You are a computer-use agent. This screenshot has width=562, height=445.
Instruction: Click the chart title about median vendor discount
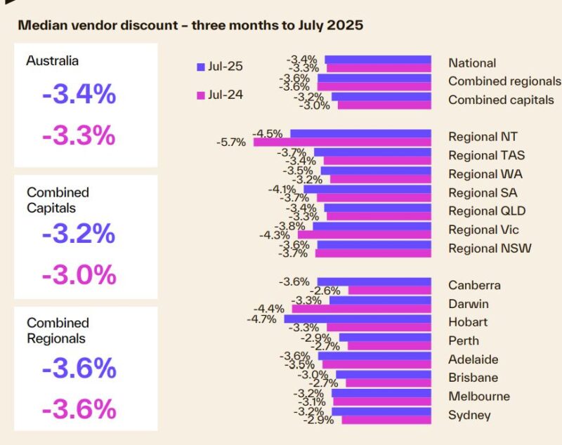point(190,26)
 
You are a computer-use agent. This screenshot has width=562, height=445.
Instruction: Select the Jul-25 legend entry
point(218,67)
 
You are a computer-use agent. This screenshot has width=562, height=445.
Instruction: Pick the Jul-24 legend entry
point(218,93)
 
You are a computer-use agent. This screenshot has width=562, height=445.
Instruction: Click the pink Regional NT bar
point(341,142)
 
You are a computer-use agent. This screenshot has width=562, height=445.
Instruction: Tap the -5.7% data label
point(231,142)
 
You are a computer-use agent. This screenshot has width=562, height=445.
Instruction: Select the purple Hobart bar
point(357,319)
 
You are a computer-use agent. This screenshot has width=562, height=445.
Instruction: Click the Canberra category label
point(474,285)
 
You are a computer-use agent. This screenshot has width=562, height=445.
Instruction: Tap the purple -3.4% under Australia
point(79,94)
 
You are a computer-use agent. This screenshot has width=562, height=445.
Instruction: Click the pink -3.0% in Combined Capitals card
point(79,274)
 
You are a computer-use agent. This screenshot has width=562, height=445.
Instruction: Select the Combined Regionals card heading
point(58,331)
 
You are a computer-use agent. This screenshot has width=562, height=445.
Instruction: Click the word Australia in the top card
point(53,60)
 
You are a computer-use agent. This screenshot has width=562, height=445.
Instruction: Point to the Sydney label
point(469,415)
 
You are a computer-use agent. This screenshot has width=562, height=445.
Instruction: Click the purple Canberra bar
point(373,281)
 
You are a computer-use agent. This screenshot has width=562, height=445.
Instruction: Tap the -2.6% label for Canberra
point(327,291)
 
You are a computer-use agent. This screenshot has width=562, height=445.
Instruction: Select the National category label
point(472,63)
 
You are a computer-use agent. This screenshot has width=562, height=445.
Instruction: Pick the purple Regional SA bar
point(367,189)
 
